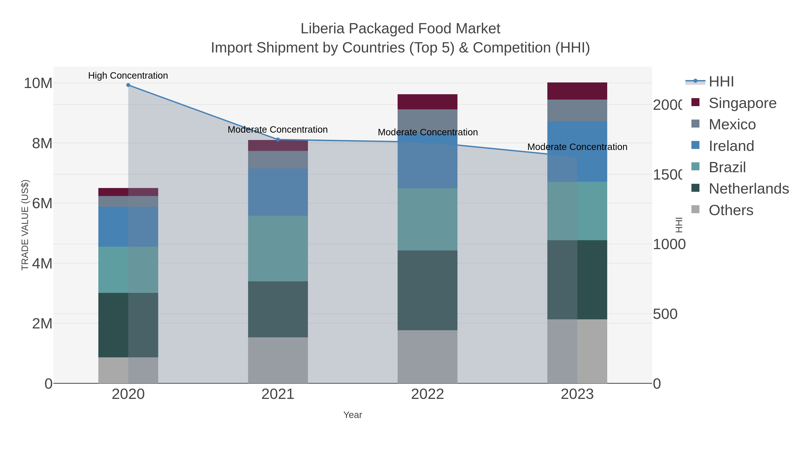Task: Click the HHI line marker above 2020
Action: point(128,85)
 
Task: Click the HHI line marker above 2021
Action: point(278,140)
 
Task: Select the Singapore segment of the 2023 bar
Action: point(577,91)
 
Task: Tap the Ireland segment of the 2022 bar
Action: point(428,165)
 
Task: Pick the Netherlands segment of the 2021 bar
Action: point(278,309)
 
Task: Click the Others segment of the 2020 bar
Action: point(128,370)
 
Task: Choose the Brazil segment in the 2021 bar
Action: point(278,248)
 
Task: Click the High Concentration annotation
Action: point(128,76)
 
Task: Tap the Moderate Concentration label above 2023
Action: point(577,147)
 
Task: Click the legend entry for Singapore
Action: point(742,103)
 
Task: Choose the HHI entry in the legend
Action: point(721,82)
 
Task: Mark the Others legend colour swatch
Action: point(695,209)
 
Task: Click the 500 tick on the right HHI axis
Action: point(665,314)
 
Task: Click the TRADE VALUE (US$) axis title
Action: point(25,225)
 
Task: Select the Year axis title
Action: point(353,415)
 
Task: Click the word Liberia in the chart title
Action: point(322,29)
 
